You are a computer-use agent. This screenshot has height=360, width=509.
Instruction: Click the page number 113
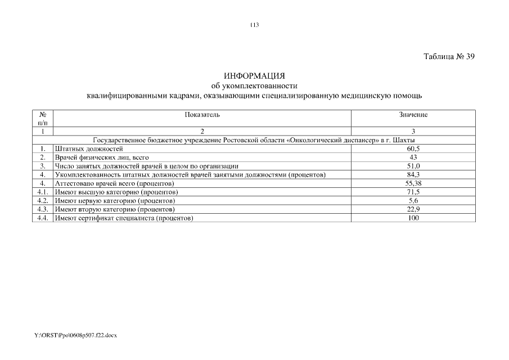(x=254, y=25)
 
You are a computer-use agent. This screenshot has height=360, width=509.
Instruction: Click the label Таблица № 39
(x=449, y=56)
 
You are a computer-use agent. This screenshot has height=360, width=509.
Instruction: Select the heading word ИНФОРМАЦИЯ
(x=254, y=76)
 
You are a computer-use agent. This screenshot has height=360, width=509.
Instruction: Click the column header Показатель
(x=202, y=115)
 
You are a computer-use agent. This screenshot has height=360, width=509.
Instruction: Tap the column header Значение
(x=413, y=115)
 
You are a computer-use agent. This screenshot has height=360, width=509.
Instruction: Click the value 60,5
(x=413, y=148)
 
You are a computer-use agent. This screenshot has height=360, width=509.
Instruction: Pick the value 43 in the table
(x=413, y=157)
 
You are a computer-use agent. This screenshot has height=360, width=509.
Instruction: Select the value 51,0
(x=413, y=166)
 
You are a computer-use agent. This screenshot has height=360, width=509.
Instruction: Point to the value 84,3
(x=413, y=174)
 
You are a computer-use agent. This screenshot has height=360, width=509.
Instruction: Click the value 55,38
(x=413, y=183)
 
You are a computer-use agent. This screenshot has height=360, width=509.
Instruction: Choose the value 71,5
(x=413, y=192)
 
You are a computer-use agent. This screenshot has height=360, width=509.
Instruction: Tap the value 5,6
(x=413, y=201)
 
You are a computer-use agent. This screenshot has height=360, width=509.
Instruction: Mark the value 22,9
(x=413, y=209)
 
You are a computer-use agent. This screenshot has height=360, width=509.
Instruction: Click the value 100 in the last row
(x=413, y=218)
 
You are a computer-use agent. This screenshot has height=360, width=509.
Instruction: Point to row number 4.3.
(x=42, y=209)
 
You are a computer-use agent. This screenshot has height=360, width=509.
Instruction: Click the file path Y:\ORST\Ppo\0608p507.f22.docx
(x=75, y=335)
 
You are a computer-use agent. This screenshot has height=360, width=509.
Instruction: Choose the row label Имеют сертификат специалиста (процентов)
(x=124, y=218)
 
